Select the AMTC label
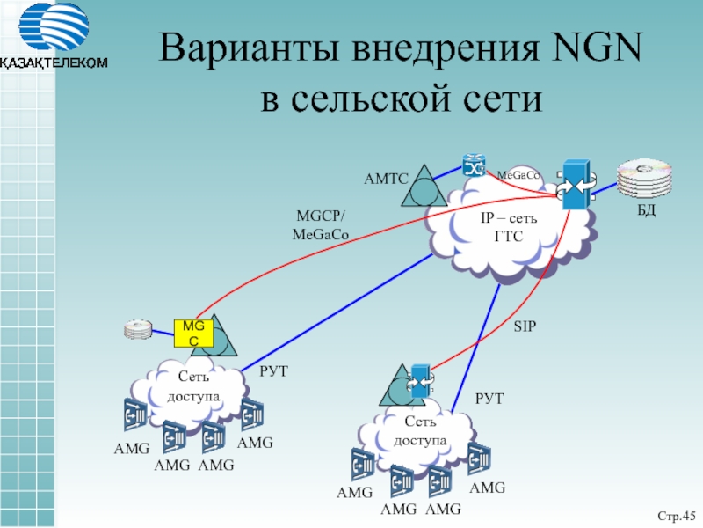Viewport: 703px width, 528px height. (388, 179)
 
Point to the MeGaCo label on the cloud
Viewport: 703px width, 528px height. (518, 175)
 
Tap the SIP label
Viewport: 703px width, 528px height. (525, 326)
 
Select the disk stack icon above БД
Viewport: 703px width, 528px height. (646, 181)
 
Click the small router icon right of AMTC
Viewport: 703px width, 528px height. (474, 166)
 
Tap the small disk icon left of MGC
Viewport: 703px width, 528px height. (136, 330)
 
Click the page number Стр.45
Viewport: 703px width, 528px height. (676, 514)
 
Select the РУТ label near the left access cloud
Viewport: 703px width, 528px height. (274, 372)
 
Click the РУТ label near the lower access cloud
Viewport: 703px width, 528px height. (489, 400)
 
